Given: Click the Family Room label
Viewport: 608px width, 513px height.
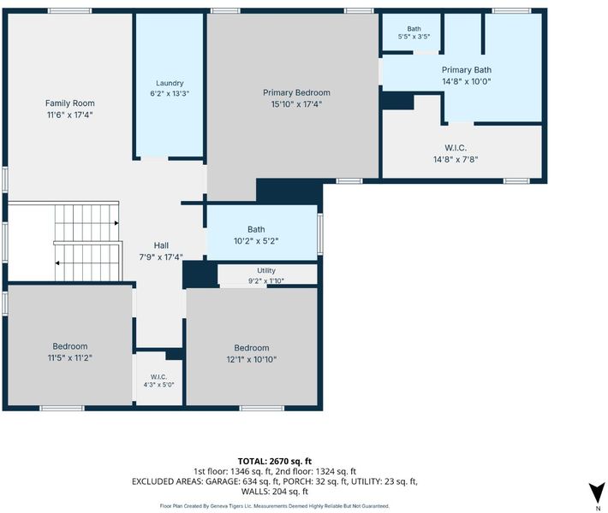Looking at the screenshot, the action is [70, 103].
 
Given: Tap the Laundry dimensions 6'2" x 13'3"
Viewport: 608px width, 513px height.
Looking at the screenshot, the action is [170, 93].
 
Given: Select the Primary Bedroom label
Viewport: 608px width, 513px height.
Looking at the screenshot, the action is [296, 92].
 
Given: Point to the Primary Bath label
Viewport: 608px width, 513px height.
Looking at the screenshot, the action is [467, 70].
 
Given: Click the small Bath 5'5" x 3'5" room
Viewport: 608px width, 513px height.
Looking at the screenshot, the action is [411, 32].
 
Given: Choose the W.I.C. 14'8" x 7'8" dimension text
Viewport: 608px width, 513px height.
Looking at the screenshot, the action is [456, 159].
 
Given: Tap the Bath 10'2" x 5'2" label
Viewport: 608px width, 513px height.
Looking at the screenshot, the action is [256, 235].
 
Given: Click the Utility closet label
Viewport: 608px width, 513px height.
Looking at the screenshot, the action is [266, 271].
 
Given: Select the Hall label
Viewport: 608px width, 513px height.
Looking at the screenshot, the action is [161, 245].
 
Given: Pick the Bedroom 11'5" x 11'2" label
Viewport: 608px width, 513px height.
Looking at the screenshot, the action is [70, 352].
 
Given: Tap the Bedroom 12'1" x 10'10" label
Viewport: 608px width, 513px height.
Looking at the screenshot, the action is [251, 353].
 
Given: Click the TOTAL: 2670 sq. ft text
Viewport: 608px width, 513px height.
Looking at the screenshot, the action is [275, 461].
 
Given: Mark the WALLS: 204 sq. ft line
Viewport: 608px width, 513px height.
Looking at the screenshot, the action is [275, 492].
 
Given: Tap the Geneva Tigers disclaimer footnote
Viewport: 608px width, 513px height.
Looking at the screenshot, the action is [275, 506].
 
